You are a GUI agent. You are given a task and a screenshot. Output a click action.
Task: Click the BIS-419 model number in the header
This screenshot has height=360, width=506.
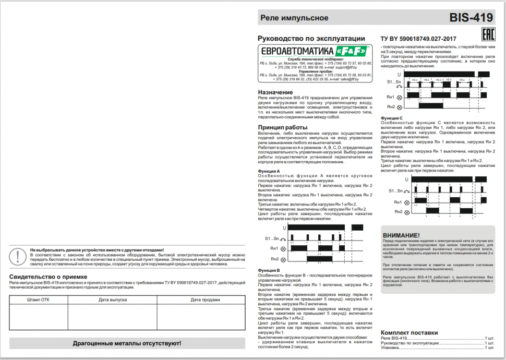click(x=471, y=18)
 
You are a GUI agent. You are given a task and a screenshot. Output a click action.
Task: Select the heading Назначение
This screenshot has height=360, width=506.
click(x=275, y=92)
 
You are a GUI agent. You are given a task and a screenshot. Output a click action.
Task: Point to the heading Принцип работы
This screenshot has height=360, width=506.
click(x=283, y=127)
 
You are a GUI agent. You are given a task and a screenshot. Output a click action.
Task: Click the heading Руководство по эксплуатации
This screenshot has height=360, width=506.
click(x=311, y=38)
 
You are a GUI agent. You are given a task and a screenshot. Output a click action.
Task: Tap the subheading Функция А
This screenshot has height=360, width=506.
click(x=269, y=171)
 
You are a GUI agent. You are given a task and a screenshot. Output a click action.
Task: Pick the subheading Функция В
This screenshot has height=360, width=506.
click(x=269, y=270)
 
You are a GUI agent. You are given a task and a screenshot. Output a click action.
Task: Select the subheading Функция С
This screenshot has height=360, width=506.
click(x=392, y=118)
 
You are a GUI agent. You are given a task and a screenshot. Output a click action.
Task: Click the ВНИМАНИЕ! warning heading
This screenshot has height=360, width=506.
click(x=401, y=235)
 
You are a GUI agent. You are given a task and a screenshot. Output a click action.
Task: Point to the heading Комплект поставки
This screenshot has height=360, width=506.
click(x=409, y=332)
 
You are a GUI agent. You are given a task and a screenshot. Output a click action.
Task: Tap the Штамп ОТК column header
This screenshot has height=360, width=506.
click(x=38, y=299)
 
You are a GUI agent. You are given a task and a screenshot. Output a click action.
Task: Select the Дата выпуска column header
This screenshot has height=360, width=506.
click(x=112, y=299)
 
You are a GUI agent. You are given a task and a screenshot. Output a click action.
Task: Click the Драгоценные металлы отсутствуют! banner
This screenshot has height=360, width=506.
click(x=127, y=343)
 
